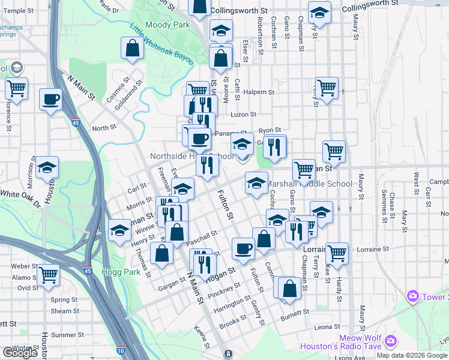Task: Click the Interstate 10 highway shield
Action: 121,350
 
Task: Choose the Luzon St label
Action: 244,114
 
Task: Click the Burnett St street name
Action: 294,313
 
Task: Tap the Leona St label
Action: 327,327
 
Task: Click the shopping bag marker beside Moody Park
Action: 131,48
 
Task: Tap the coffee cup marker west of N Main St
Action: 50,99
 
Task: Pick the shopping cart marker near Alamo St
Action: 48,275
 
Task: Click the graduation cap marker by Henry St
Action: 119,230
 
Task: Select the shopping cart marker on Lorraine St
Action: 337,253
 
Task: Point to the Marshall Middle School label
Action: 309,184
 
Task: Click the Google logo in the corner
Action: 20,353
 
